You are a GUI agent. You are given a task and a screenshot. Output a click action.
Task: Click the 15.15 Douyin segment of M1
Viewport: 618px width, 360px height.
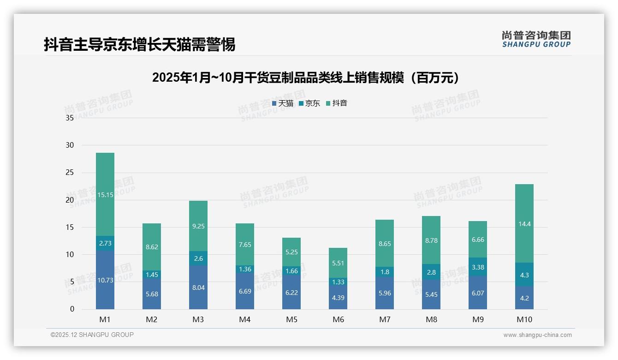105,194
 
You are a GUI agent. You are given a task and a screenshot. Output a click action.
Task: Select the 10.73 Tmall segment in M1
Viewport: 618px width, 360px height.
105,280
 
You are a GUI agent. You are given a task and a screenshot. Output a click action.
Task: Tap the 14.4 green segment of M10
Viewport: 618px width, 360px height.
524,224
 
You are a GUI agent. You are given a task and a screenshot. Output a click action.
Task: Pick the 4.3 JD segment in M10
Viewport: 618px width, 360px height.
524,275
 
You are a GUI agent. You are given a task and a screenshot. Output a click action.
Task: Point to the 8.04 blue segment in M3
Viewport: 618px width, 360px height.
198,288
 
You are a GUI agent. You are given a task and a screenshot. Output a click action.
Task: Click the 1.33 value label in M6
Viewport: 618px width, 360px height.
338,282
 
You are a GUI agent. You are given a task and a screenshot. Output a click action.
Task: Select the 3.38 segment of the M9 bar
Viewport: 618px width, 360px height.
478,267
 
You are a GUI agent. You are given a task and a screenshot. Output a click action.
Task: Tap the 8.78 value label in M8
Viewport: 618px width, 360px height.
431,240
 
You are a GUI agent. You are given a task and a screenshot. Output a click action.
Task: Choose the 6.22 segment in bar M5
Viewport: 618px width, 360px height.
291,292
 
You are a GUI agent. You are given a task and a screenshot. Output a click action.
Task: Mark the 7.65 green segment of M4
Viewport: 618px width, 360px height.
245,245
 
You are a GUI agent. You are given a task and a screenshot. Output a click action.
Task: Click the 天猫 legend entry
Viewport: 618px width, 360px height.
282,103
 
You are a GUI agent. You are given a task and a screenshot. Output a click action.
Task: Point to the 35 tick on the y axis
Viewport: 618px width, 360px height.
70,118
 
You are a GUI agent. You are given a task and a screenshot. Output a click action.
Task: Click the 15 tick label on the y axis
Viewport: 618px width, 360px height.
70,227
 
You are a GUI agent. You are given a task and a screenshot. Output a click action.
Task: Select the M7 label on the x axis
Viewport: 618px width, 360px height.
385,319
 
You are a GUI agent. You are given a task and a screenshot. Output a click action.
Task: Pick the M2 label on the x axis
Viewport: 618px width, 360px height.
152,319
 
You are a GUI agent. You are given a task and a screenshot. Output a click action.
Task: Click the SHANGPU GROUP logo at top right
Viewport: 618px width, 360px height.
536,39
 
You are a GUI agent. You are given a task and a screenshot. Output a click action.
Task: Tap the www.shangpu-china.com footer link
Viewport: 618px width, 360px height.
537,335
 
